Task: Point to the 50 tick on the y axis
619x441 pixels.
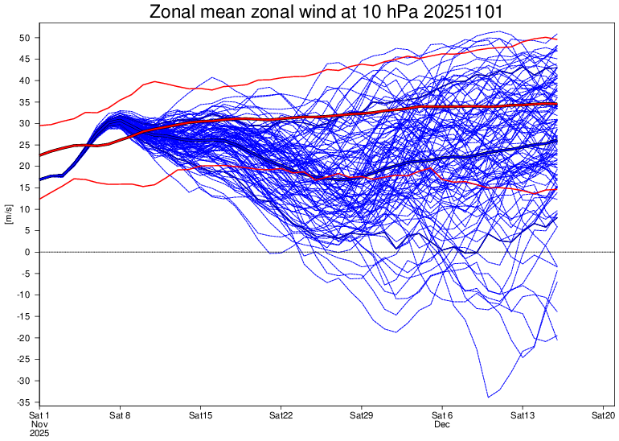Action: (25, 38)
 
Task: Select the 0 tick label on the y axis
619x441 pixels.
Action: (28, 252)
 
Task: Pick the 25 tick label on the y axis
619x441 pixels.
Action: (25, 145)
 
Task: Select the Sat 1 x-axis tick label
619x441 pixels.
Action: (40, 415)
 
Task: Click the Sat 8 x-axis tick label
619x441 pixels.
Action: (121, 415)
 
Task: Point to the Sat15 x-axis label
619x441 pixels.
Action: (201, 415)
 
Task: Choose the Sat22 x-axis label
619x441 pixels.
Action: (281, 415)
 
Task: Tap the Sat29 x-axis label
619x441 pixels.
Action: (362, 415)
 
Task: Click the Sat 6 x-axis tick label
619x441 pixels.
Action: (442, 415)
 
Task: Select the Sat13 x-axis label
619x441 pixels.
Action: (523, 415)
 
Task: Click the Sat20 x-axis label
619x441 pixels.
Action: (603, 415)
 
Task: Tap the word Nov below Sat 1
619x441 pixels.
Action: (40, 423)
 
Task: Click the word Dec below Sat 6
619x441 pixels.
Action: (442, 423)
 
